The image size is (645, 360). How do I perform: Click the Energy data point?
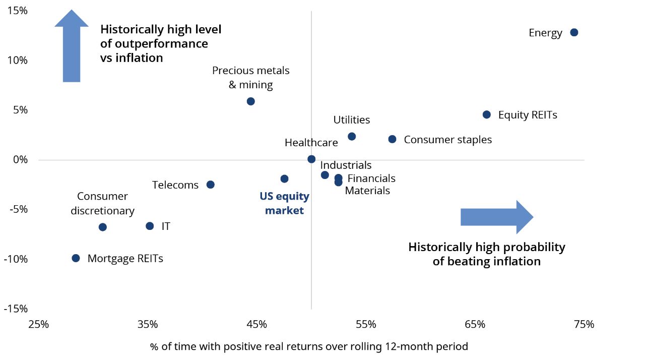click(x=574, y=32)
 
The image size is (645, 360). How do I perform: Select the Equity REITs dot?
click(x=486, y=114)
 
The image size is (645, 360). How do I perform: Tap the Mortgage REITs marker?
click(x=76, y=258)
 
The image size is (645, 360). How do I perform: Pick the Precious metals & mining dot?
click(x=251, y=101)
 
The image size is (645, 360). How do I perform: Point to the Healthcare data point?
click(x=311, y=159)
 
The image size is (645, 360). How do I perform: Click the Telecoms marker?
click(x=211, y=185)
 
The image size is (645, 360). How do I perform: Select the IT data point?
click(x=150, y=226)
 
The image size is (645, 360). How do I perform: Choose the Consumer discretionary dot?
click(x=103, y=227)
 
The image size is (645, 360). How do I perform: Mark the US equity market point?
click(x=284, y=178)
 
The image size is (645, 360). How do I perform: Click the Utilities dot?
click(x=352, y=137)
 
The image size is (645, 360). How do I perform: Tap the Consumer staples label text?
click(x=447, y=140)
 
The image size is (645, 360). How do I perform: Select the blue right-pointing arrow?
click(x=496, y=217)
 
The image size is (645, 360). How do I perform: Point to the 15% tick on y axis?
click(x=18, y=11)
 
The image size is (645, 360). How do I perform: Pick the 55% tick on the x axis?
click(x=366, y=324)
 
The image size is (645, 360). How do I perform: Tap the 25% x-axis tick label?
click(x=39, y=324)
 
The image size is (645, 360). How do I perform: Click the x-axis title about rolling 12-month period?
click(x=309, y=346)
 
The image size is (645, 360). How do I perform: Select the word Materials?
click(x=367, y=191)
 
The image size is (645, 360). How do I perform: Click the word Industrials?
click(x=346, y=165)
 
